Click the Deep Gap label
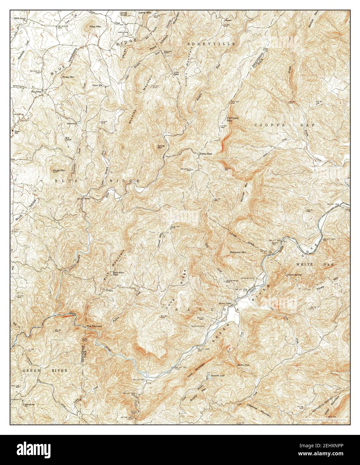(206, 154)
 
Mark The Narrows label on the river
(94, 326)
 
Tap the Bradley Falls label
(243, 365)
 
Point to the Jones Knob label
(124, 14)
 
